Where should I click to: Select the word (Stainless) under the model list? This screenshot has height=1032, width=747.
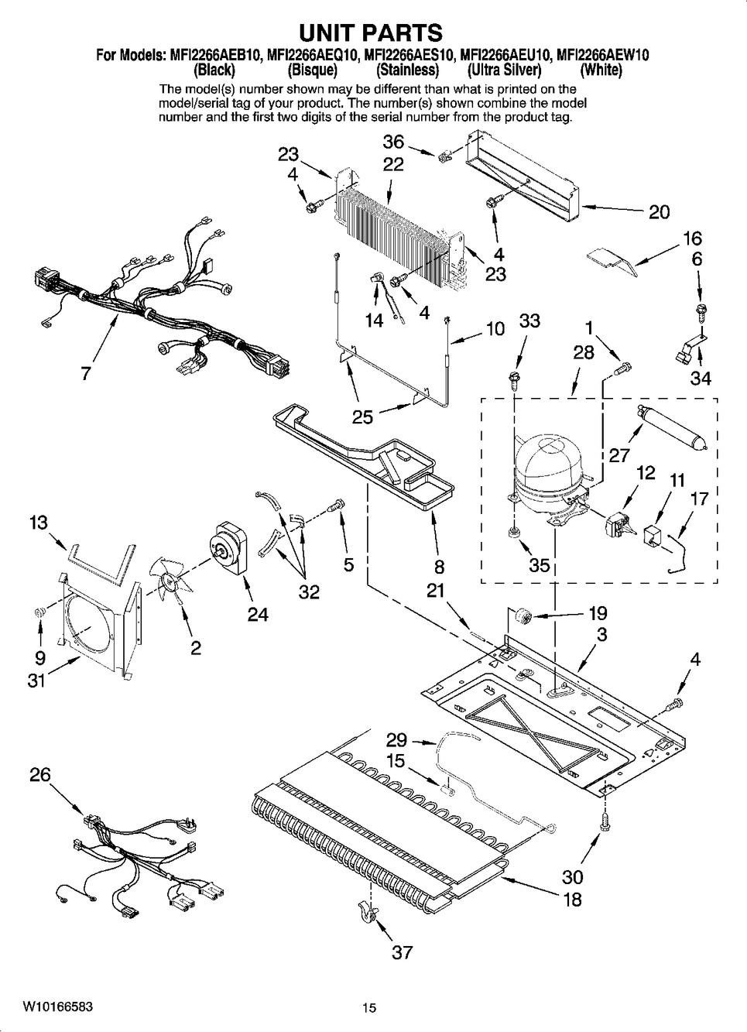coord(408,70)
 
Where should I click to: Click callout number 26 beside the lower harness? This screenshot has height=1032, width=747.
coord(40,774)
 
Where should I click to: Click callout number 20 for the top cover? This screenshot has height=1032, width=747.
coord(659,211)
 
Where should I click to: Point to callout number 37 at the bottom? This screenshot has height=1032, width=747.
coord(402,951)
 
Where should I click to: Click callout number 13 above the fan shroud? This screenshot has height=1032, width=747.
coord(38,523)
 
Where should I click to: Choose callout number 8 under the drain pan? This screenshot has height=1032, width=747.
coord(439,567)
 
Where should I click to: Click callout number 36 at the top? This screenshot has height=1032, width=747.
coord(394,142)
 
